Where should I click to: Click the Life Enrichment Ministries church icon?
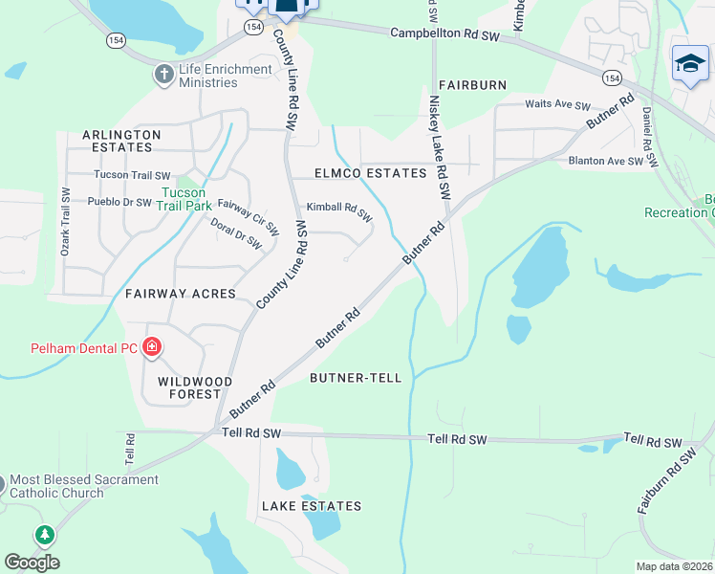point(164,73)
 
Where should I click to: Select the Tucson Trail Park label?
point(183,198)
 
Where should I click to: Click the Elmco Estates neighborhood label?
point(371,173)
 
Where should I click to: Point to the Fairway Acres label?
point(181,293)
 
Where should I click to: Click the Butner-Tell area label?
point(356,378)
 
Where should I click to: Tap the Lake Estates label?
point(312,505)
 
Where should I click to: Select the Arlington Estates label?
point(121,141)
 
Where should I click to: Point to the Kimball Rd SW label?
point(339,210)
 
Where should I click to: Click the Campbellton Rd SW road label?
point(444,33)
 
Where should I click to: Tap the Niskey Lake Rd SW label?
point(439,146)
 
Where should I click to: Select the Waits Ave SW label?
point(558,105)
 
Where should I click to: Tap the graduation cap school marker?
point(690,64)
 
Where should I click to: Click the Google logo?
point(32,562)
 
